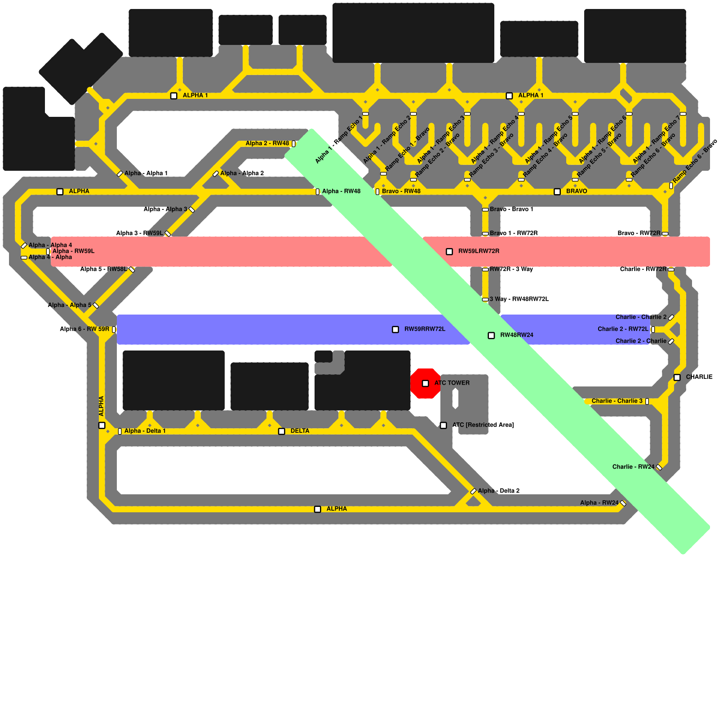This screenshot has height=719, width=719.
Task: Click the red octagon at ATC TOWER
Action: pyautogui.click(x=425, y=383)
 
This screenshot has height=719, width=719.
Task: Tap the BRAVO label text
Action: pyautogui.click(x=577, y=191)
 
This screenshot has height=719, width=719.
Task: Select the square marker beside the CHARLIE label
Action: pyautogui.click(x=677, y=377)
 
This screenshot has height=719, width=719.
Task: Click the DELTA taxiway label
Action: pyautogui.click(x=300, y=431)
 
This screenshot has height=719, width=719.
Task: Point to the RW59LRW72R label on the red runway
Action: pyautogui.click(x=479, y=251)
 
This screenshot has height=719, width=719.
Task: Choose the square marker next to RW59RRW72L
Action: pyautogui.click(x=395, y=329)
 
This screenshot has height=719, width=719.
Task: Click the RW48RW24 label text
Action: pyautogui.click(x=517, y=335)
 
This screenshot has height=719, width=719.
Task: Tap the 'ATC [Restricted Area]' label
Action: pyautogui.click(x=483, y=425)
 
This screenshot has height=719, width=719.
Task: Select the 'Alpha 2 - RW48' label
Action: pyautogui.click(x=267, y=143)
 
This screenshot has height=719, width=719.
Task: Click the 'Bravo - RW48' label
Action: pyautogui.click(x=401, y=191)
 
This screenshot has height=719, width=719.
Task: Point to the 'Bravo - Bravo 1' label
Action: pyautogui.click(x=511, y=209)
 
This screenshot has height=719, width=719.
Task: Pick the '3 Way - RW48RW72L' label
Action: pyautogui.click(x=519, y=299)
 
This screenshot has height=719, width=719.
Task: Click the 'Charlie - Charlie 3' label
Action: pyautogui.click(x=617, y=401)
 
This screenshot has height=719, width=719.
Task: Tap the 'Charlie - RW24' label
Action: pyautogui.click(x=633, y=467)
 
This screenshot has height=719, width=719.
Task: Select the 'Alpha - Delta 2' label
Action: pyautogui.click(x=499, y=491)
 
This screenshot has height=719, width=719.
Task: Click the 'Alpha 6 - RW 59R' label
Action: pyautogui.click(x=84, y=329)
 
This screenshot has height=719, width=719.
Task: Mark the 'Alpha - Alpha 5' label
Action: pyautogui.click(x=70, y=305)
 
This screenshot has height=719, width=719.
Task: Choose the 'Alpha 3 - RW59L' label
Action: pyautogui.click(x=139, y=233)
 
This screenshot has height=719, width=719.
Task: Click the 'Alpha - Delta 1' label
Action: pyautogui.click(x=145, y=431)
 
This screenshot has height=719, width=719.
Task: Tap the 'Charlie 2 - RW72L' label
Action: pyautogui.click(x=623, y=329)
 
